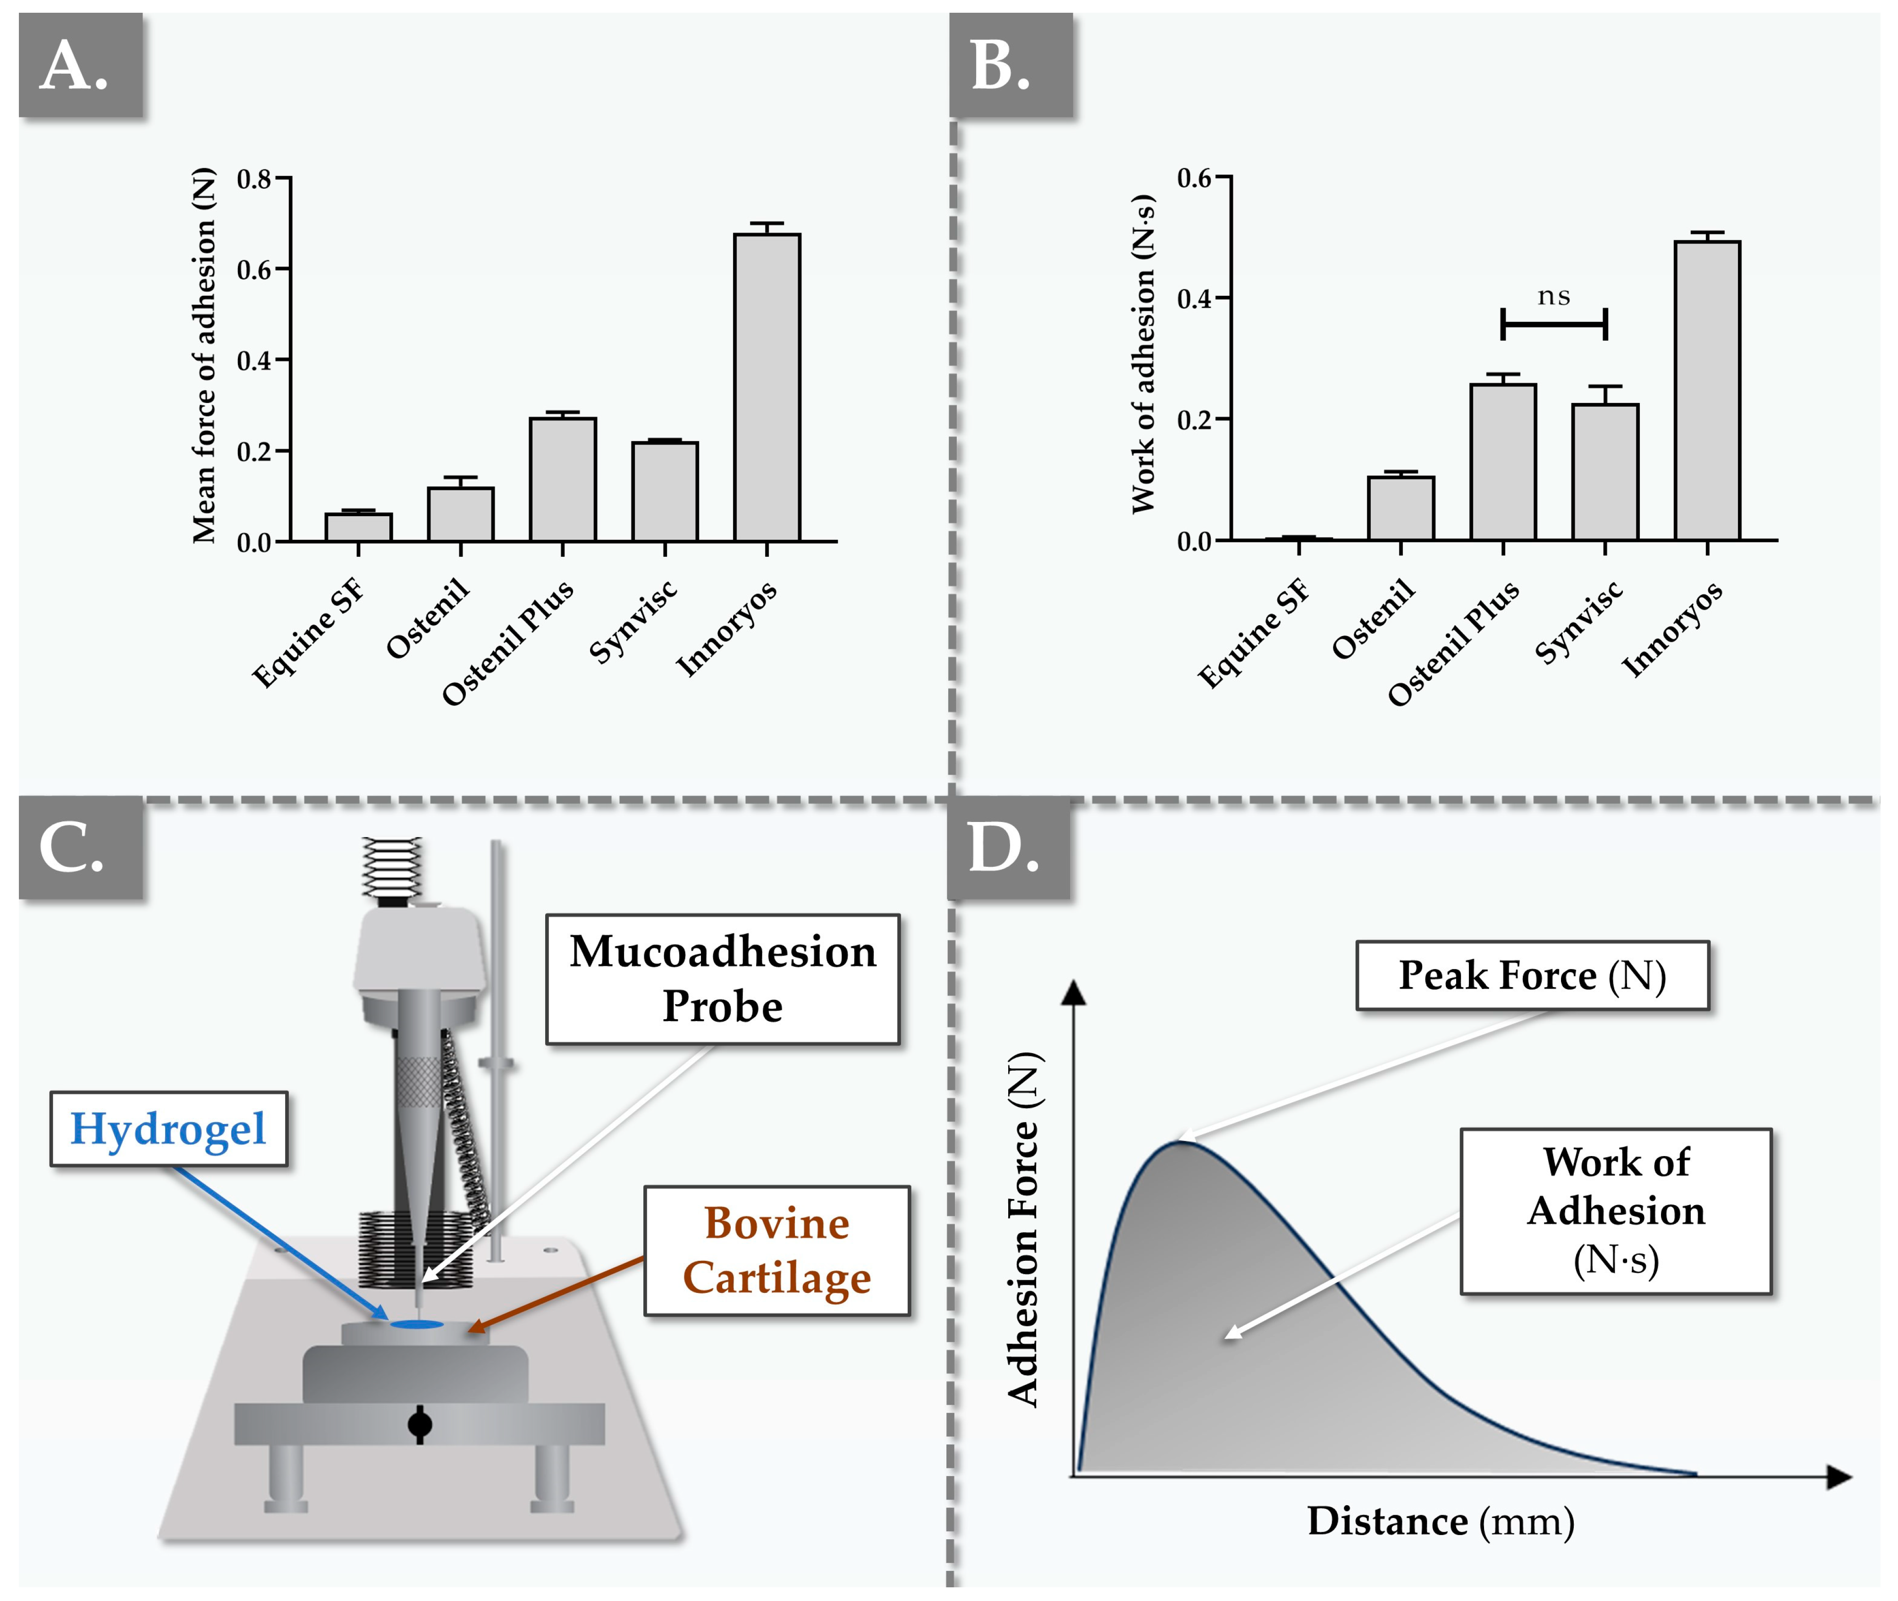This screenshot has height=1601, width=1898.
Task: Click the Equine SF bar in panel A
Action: click(359, 528)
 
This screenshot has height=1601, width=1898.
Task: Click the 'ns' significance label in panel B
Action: click(1553, 297)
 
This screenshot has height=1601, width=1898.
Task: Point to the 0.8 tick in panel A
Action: click(254, 179)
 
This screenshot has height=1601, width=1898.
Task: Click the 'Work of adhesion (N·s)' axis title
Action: click(1143, 354)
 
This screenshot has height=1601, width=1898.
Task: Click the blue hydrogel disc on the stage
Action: click(417, 1325)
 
